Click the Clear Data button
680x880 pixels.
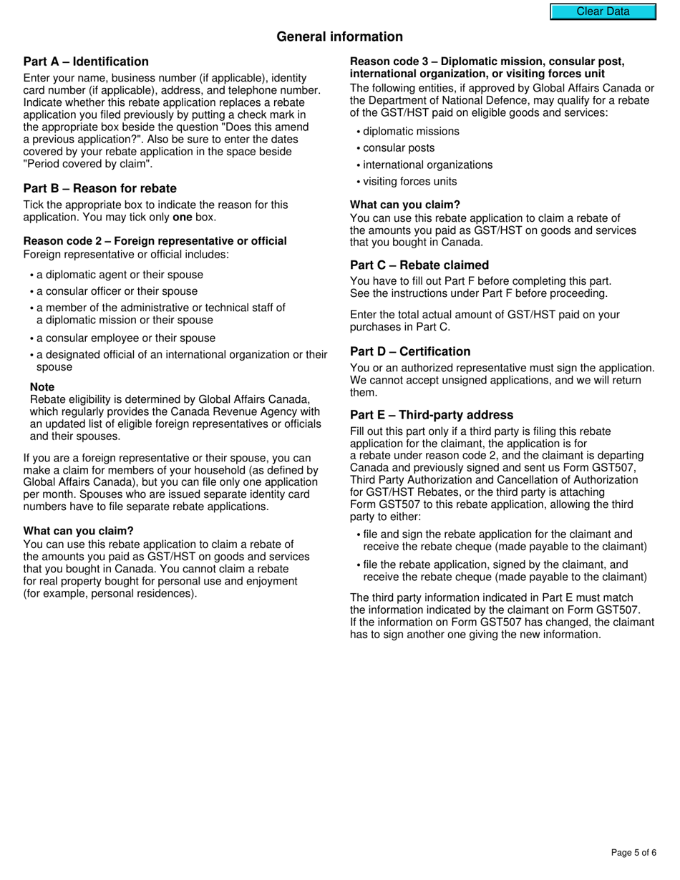pos(603,11)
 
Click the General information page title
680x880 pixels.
pos(339,36)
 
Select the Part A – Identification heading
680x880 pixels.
pos(86,62)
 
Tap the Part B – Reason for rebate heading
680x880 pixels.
pos(99,188)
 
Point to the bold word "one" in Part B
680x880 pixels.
pos(183,217)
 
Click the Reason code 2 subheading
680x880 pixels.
pos(155,241)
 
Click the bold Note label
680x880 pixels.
pos(42,387)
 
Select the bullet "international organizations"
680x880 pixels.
pos(427,165)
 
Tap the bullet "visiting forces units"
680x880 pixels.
pos(409,182)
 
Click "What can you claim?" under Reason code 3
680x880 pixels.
pos(405,205)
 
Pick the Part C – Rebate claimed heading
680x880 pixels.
pos(419,265)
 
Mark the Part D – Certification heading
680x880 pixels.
pos(410,351)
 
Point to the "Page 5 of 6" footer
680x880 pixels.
pos(633,852)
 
